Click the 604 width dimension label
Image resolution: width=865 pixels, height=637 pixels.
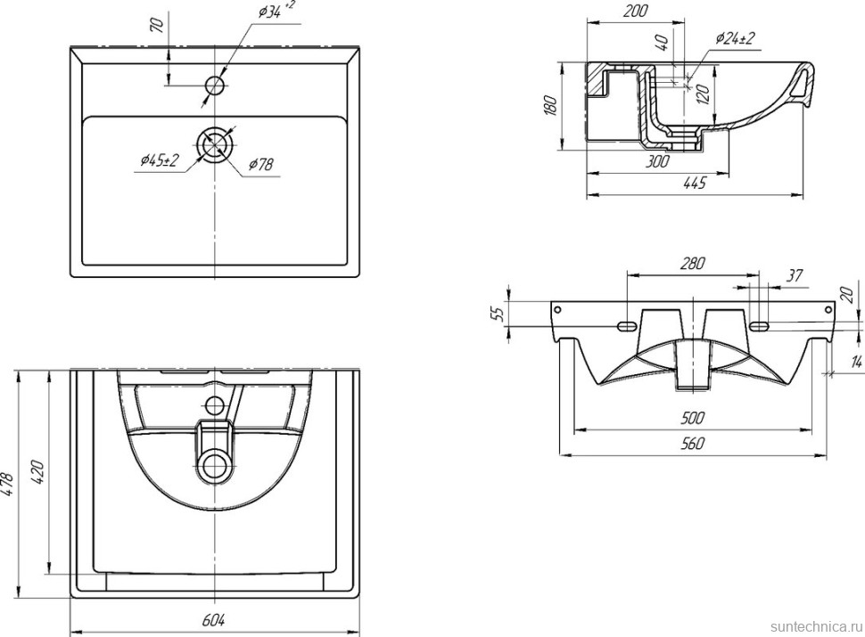[x=214, y=619]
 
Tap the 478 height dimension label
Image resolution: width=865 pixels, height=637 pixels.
[x=12, y=485]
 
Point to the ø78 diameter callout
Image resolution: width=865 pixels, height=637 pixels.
[x=260, y=163]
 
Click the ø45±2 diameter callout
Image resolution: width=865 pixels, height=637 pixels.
[x=161, y=159]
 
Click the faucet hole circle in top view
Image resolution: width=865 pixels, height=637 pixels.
[x=215, y=86]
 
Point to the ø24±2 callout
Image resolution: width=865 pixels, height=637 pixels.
[x=735, y=38]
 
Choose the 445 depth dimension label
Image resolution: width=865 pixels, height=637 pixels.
[x=694, y=184]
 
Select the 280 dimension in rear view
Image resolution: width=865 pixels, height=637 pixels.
[x=693, y=263]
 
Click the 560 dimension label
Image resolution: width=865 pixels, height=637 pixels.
[x=694, y=443]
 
